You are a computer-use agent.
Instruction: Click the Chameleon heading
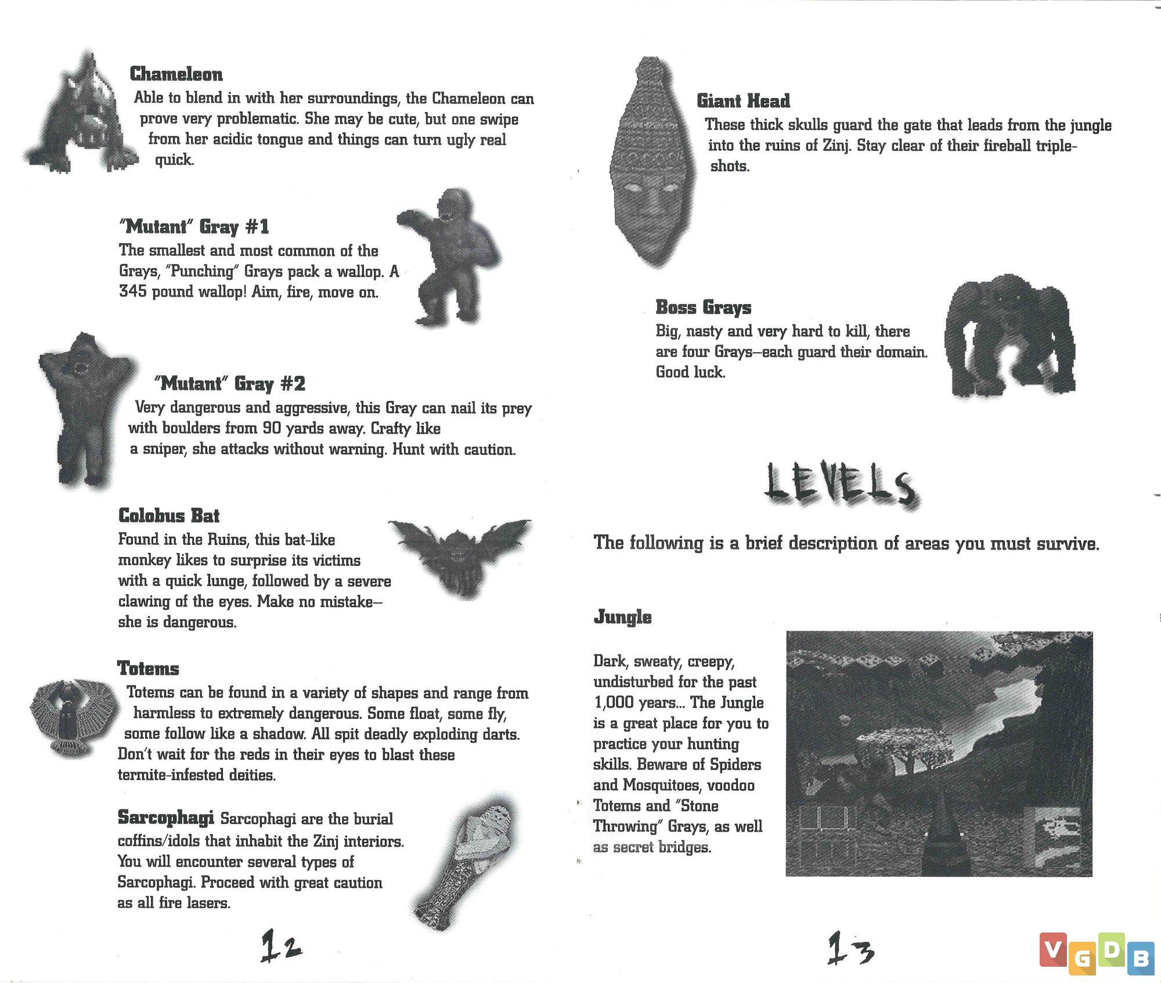click(176, 74)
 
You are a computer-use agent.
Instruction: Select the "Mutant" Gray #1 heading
click(194, 226)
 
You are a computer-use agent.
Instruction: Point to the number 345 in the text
click(133, 291)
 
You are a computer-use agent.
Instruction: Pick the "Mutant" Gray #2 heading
click(229, 384)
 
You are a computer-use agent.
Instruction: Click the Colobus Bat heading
click(168, 516)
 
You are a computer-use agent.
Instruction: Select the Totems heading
click(148, 668)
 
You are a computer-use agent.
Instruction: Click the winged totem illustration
click(68, 718)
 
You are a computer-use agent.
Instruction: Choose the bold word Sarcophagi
click(165, 818)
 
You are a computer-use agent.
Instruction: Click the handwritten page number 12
click(281, 946)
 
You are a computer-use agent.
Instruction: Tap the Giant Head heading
click(743, 101)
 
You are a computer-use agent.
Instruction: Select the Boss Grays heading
click(703, 307)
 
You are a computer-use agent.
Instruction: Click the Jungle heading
click(622, 617)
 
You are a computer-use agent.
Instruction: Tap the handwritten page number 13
click(850, 948)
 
